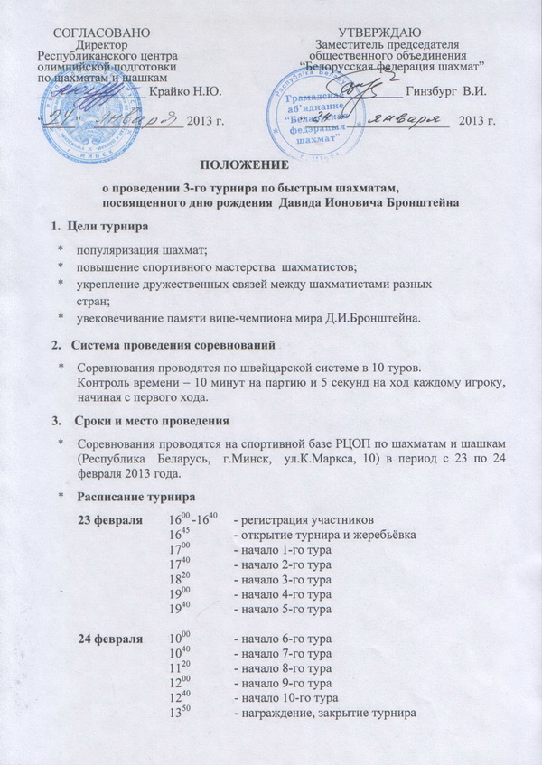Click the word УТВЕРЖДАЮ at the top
tap(388, 33)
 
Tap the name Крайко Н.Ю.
tap(188, 91)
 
